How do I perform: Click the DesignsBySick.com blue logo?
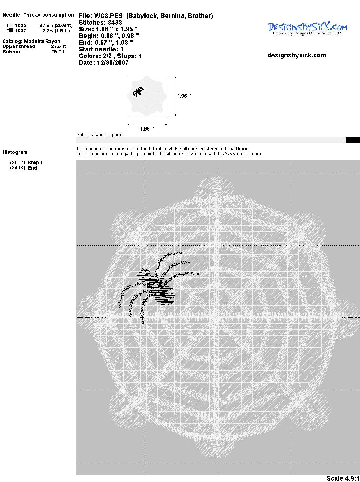pos(307,28)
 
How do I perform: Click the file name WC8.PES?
pos(108,16)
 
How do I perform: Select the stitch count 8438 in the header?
pos(115,23)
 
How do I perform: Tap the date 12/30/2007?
pos(113,63)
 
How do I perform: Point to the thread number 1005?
pos(21,25)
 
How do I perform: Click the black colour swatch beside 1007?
pos(12,31)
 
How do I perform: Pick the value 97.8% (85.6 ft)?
pos(56,25)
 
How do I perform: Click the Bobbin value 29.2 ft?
pos(59,52)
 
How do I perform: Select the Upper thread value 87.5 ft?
pos(59,46)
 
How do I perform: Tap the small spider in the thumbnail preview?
pos(139,91)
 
